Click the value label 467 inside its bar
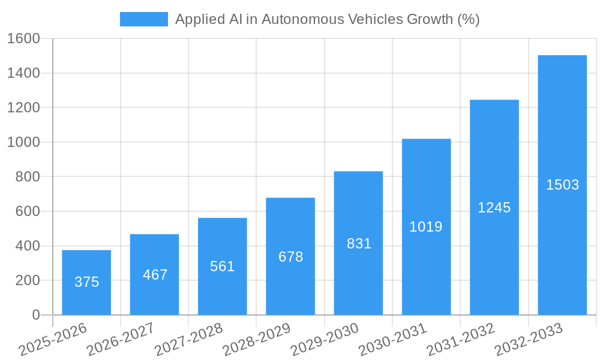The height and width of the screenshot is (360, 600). [x=155, y=275]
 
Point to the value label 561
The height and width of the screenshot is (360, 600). [x=223, y=266]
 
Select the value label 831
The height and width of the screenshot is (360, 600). [x=359, y=244]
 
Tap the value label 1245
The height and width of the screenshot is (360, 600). [x=494, y=208]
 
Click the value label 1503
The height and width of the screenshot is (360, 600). [x=562, y=185]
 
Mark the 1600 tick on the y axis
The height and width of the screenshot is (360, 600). [x=23, y=39]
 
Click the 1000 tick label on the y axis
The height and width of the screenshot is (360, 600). [x=23, y=143]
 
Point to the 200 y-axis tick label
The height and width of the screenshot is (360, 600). [x=27, y=281]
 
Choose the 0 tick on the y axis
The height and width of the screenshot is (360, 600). [x=35, y=315]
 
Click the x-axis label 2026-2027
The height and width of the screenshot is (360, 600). [x=120, y=340]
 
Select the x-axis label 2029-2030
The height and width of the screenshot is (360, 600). [x=324, y=340]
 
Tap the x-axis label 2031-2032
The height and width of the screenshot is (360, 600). [x=460, y=340]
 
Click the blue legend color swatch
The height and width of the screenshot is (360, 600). [x=144, y=19]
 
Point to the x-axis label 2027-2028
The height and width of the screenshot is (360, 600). [x=188, y=340]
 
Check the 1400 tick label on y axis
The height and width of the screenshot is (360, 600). [x=23, y=73]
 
